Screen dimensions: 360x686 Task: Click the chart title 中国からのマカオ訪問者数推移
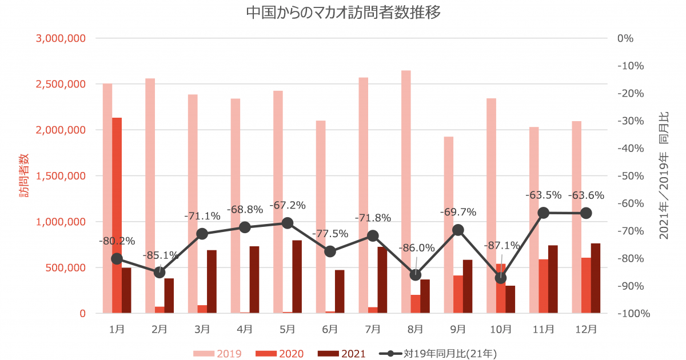click(343, 13)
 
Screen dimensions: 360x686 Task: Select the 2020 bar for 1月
click(117, 215)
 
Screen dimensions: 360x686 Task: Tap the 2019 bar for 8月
click(406, 191)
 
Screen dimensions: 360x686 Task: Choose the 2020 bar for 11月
click(543, 286)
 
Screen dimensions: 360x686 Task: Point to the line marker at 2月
click(159, 273)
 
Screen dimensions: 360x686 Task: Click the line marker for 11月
click(544, 213)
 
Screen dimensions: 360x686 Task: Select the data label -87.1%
click(502, 246)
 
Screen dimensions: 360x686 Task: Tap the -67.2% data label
click(288, 205)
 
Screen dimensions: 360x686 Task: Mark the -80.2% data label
click(117, 241)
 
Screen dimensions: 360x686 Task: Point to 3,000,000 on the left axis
click(61, 38)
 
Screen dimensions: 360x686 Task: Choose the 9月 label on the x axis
click(458, 329)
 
